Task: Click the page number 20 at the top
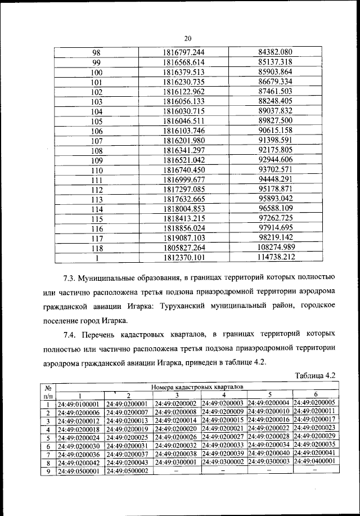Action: pyautogui.click(x=188, y=38)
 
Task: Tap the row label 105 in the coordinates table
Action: pyautogui.click(x=96, y=121)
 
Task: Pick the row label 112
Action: pyautogui.click(x=96, y=190)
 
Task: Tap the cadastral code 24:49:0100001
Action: pyautogui.click(x=78, y=403)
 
